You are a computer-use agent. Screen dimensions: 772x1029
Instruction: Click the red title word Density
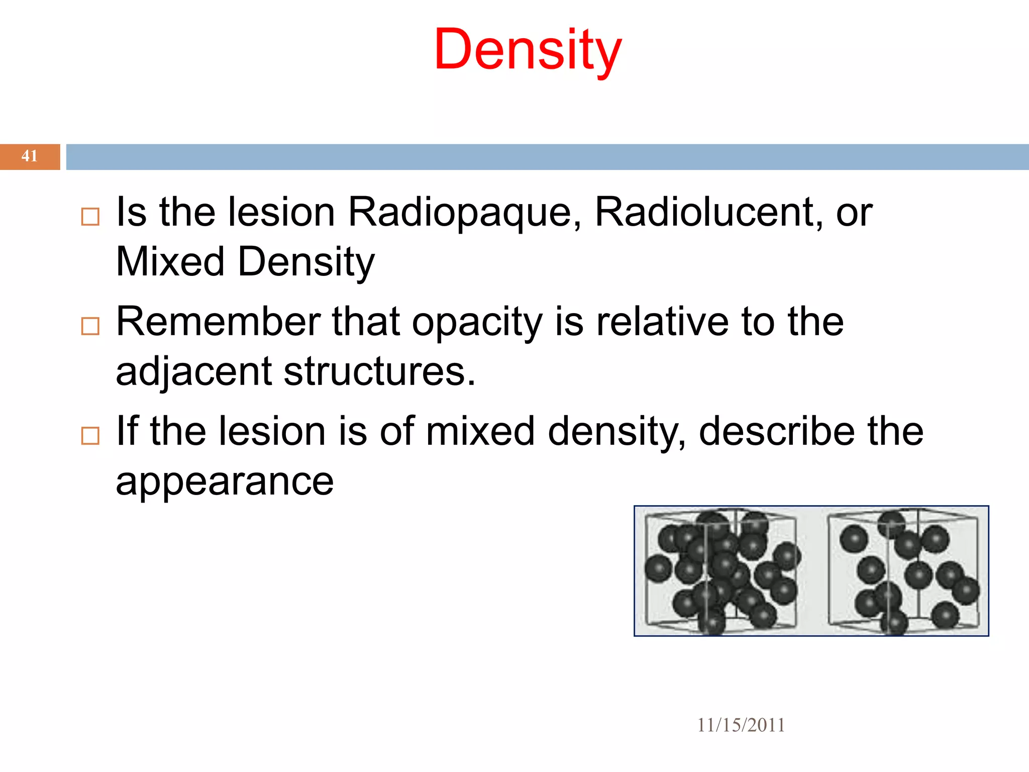pos(528,50)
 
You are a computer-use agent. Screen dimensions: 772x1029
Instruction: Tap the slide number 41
pos(29,156)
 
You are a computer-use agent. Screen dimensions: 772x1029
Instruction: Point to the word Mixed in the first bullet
pos(170,262)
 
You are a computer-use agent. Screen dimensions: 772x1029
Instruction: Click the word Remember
pos(219,321)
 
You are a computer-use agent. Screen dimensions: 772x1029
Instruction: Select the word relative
pos(662,321)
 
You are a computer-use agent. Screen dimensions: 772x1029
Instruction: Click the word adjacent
pos(194,372)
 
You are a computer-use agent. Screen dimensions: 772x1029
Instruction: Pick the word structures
pos(379,372)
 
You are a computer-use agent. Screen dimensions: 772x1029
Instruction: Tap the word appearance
pos(225,482)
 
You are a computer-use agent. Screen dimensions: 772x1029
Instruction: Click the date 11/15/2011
pos(741,725)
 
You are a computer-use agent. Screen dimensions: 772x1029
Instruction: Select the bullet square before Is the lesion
pos(90,217)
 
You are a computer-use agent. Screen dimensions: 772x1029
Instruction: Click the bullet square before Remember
pos(90,326)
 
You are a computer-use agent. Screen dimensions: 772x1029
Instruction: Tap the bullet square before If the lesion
pos(90,436)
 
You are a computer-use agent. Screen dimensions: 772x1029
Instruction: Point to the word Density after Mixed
pos(306,263)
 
